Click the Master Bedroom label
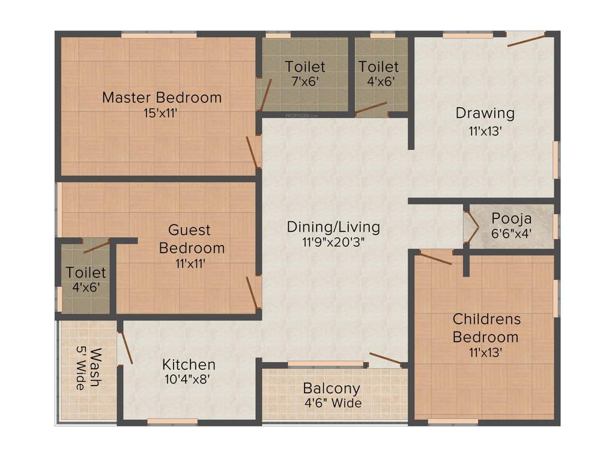pyautogui.click(x=162, y=97)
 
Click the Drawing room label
pyautogui.click(x=485, y=112)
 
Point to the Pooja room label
pyautogui.click(x=511, y=218)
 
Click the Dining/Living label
pyautogui.click(x=333, y=227)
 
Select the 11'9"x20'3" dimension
pyautogui.click(x=333, y=242)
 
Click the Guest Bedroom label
pyautogui.click(x=190, y=238)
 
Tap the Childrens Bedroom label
pyautogui.click(x=486, y=327)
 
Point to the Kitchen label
pyautogui.click(x=189, y=365)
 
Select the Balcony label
pyautogui.click(x=332, y=388)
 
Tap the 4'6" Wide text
pyautogui.click(x=333, y=403)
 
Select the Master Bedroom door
pyautogui.click(x=252, y=152)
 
